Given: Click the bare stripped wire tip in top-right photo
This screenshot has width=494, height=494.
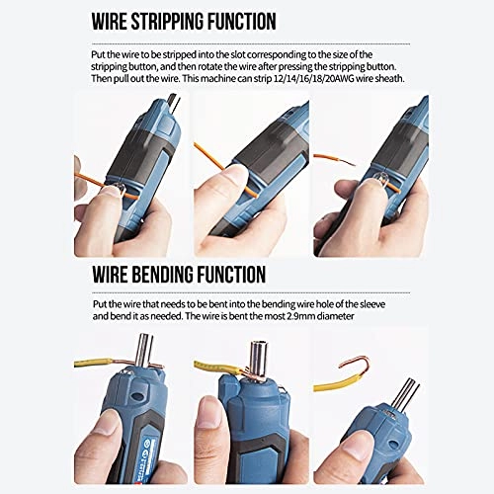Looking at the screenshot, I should [x=326, y=158].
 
